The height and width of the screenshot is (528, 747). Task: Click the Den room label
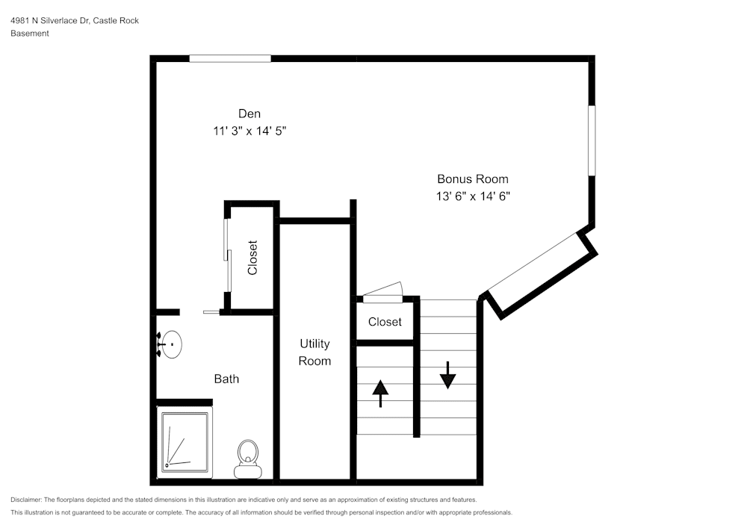249,114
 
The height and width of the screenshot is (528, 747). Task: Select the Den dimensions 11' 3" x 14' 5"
249,131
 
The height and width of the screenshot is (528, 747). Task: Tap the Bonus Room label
472,179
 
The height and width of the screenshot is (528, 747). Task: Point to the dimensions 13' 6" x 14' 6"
472,196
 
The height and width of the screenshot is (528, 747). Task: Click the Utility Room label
314,352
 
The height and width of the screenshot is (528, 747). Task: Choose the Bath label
226,379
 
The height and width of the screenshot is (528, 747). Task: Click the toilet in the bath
247,458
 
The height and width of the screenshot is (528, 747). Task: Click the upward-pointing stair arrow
381,393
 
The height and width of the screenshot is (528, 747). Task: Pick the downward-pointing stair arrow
447,375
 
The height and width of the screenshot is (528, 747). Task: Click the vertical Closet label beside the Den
252,257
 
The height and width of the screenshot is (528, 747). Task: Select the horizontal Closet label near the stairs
385,322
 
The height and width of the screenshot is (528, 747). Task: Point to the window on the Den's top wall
229,58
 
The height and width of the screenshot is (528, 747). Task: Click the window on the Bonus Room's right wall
592,140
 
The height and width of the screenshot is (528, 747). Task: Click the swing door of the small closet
382,293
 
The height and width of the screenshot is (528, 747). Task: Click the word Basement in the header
30,34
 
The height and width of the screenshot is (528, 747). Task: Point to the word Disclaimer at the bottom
26,500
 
